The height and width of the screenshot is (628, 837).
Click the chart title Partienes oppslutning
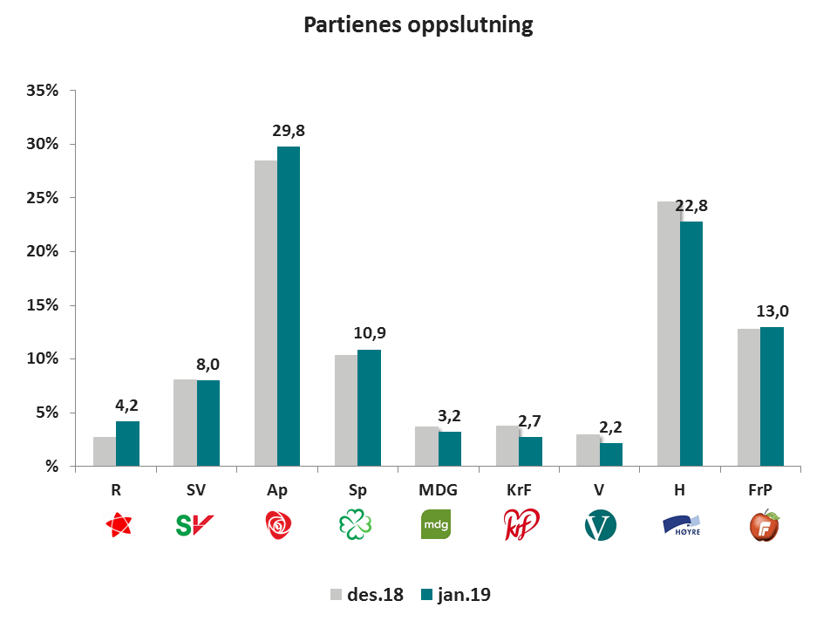418,25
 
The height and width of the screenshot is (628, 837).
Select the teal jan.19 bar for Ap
289,305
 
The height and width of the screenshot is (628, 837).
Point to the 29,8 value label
289,131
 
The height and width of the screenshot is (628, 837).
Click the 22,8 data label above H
691,206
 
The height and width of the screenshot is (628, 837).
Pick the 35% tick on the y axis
42,91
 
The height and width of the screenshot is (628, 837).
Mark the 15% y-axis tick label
42,305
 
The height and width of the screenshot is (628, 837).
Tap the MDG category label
438,491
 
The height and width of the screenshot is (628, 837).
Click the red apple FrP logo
765,525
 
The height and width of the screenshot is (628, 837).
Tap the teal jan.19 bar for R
127,443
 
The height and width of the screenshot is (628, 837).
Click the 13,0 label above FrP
772,311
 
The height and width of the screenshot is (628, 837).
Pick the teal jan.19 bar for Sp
369,407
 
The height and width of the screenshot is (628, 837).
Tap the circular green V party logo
600,525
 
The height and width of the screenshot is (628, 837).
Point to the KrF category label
518,491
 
